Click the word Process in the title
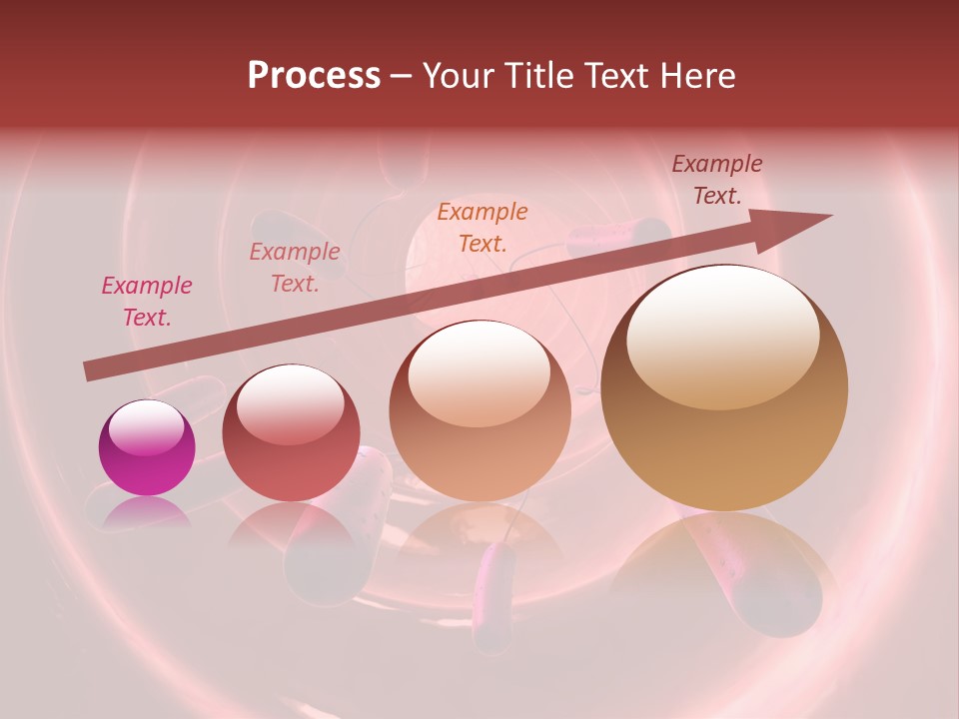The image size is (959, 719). click(x=314, y=76)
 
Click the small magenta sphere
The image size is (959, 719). click(x=147, y=448)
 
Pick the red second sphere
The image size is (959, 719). click(x=291, y=433)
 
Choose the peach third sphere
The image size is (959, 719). click(x=479, y=409)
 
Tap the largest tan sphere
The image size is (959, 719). click(x=724, y=389)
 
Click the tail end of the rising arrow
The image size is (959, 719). click(x=88, y=371)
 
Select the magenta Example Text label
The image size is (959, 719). click(x=147, y=302)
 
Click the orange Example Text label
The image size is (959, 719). click(x=482, y=227)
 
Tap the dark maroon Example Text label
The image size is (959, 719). click(x=717, y=180)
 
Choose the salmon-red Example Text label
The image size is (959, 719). click(x=295, y=268)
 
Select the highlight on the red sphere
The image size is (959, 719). click(x=290, y=405)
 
